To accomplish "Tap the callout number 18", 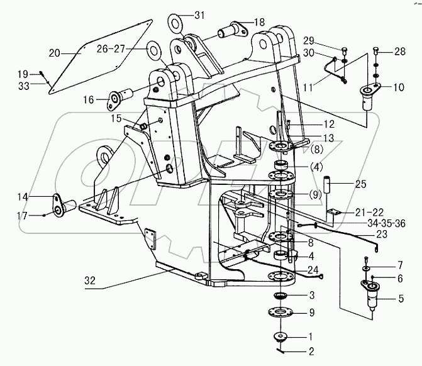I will click(x=259, y=22).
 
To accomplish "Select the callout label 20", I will click(x=54, y=52).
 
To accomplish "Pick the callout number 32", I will click(x=91, y=282).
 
